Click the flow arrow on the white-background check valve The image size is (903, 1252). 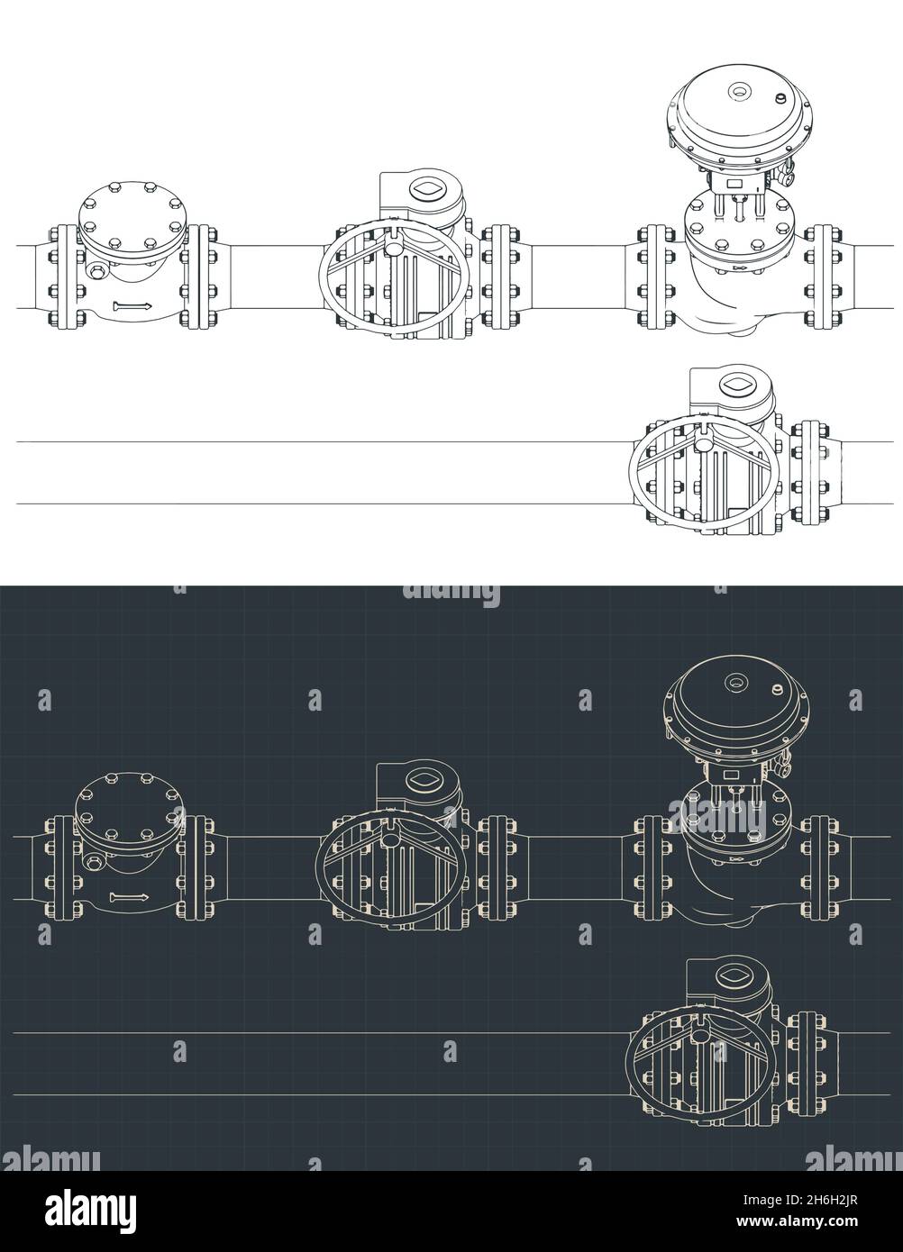click(132, 308)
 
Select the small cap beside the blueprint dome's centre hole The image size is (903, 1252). click(776, 689)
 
